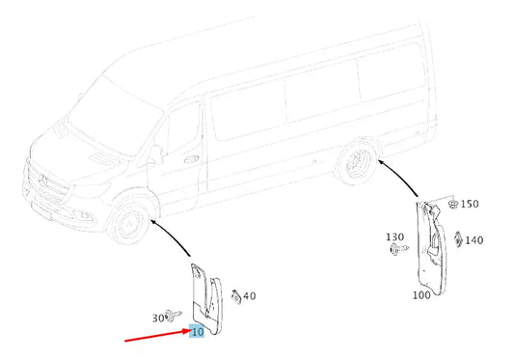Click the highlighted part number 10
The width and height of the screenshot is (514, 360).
pos(197,332)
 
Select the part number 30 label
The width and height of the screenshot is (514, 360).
pos(158,318)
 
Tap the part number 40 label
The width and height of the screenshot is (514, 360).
pos(249,295)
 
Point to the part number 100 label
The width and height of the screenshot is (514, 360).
pos(421,294)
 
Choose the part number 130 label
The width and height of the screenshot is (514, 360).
pos(395,236)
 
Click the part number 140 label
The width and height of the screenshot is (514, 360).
pos(473,240)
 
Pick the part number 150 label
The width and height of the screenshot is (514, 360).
pos(469,204)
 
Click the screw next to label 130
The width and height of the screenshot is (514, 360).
pos(397,250)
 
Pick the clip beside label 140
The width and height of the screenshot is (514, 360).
pos(457,239)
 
